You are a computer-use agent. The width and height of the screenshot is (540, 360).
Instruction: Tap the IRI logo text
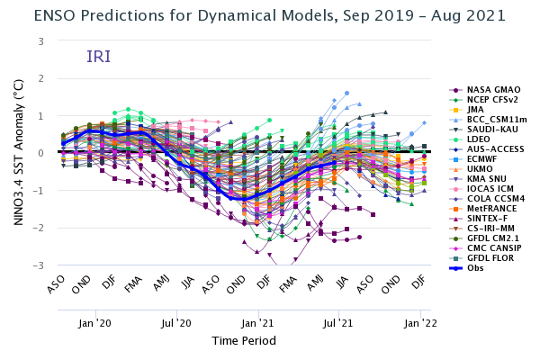98,58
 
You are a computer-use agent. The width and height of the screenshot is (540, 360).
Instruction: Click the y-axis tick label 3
41,41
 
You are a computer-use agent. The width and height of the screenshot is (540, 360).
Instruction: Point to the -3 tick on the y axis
40,266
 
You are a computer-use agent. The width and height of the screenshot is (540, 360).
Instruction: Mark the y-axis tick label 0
41,154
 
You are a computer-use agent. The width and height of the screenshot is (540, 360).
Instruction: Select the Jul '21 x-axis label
339,322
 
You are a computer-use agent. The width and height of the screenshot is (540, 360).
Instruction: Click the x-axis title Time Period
244,341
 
